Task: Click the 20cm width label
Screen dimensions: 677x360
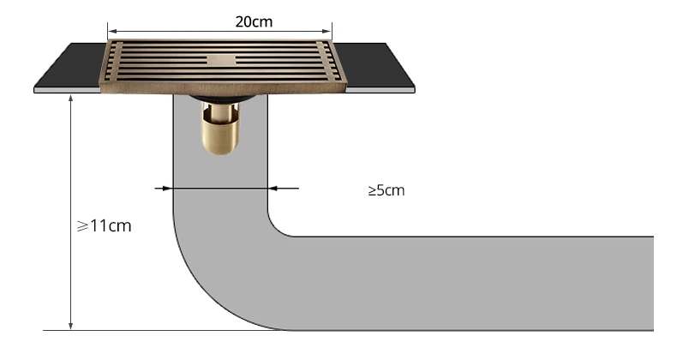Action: tap(254, 21)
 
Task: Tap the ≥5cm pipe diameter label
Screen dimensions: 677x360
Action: tap(386, 190)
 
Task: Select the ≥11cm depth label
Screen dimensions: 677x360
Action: tap(104, 225)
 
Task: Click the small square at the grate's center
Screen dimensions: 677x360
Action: tap(221, 60)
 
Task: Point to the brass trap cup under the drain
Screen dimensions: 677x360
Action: tap(219, 129)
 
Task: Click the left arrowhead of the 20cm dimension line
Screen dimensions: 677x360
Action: tap(112, 31)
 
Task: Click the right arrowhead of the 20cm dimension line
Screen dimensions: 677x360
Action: tap(327, 31)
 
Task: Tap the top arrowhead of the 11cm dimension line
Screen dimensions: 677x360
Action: tap(71, 99)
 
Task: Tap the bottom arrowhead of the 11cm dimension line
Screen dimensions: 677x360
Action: tap(71, 326)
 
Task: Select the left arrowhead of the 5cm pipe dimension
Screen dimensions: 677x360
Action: tap(167, 189)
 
